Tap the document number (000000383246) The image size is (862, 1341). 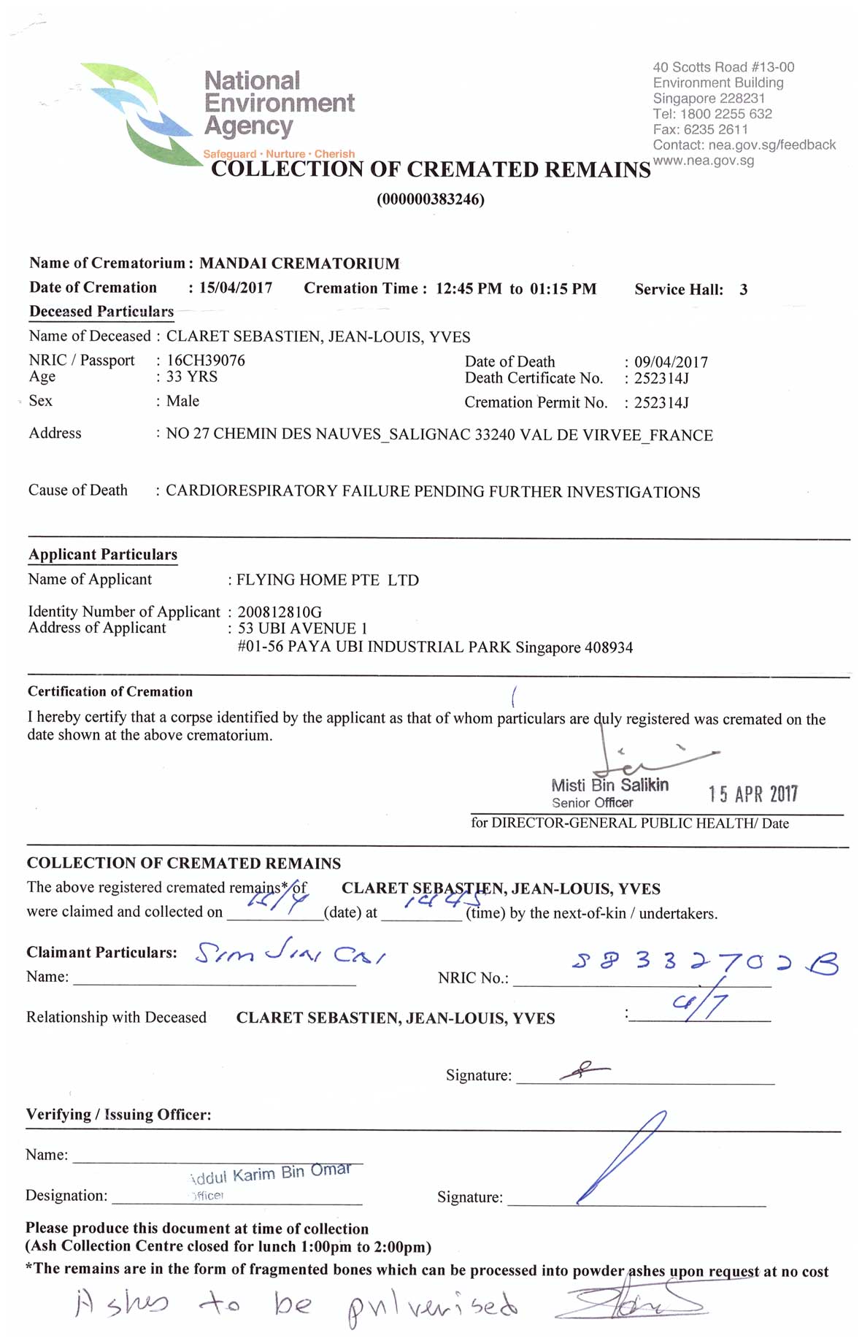click(x=431, y=199)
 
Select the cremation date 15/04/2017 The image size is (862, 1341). click(x=236, y=288)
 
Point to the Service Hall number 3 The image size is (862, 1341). click(x=743, y=290)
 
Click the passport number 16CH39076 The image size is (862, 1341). click(x=206, y=361)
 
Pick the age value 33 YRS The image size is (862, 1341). click(x=192, y=377)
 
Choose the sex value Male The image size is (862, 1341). click(x=182, y=401)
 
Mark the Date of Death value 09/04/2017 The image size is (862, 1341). click(x=671, y=362)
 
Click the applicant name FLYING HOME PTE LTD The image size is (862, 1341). click(x=328, y=580)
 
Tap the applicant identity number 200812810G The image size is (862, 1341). click(x=280, y=612)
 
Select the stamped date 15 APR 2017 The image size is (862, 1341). click(x=753, y=794)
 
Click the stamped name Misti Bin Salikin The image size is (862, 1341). click(x=610, y=785)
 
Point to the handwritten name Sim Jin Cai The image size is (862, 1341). click(x=290, y=953)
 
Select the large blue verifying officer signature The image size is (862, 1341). click(x=622, y=1157)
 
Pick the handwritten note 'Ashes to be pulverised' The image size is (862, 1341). click(x=296, y=1306)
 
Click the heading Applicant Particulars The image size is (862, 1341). click(x=103, y=555)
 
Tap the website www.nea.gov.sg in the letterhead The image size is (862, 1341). click(x=704, y=161)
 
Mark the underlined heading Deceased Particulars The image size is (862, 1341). click(x=101, y=312)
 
